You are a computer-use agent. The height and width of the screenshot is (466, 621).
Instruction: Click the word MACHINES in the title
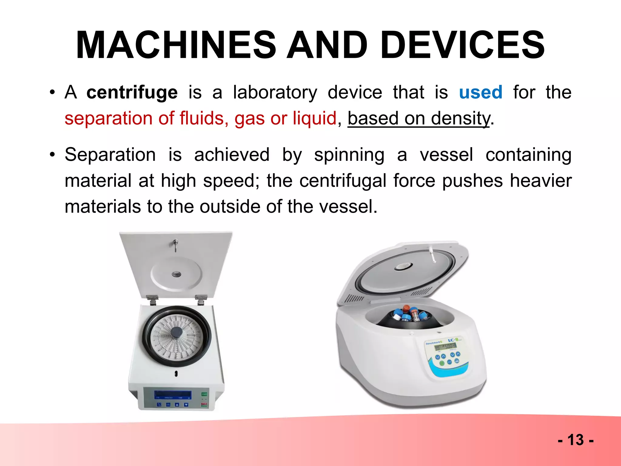pos(176,46)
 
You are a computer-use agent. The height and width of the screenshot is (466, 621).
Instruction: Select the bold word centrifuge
pos(132,93)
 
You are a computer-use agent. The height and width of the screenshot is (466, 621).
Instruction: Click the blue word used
pos(481,93)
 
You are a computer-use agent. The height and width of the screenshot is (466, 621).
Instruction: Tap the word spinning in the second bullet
pos(349,155)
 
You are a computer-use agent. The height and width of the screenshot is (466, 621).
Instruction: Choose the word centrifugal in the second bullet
pos(343,181)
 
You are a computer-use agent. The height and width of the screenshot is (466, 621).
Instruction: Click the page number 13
pos(575,440)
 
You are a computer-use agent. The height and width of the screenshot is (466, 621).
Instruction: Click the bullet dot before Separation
pos(52,155)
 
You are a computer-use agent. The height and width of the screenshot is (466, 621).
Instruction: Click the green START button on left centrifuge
pos(204,394)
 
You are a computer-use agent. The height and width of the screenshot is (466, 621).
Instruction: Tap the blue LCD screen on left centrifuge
pos(173,395)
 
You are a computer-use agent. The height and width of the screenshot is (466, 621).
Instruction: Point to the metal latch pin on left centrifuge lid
pos(175,244)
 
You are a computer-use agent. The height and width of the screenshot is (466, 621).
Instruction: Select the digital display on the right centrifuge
pos(445,346)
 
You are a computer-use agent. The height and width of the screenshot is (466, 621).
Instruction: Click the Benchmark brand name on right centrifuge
pos(433,343)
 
